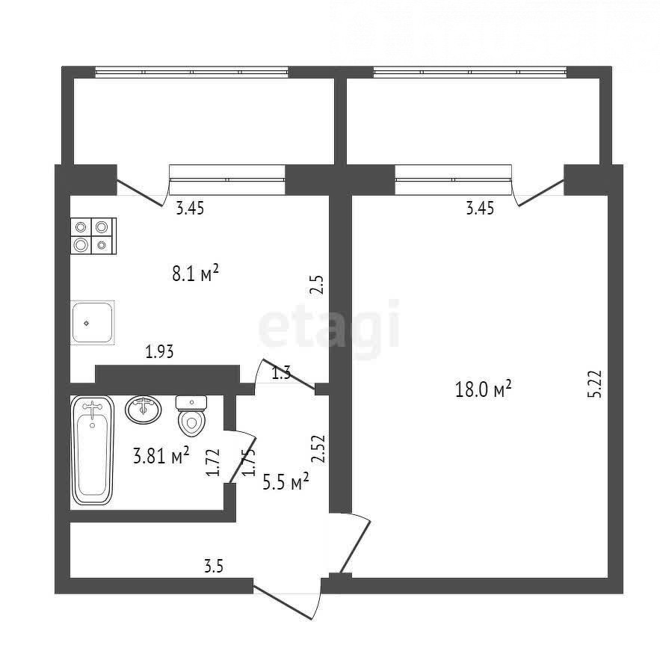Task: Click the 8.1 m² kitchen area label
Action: pos(196,274)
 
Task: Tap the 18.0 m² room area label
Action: pos(483,389)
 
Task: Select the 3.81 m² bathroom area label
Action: pos(161,455)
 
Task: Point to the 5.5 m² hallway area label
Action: pos(286,482)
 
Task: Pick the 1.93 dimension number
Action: pos(159,351)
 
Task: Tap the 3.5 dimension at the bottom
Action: pos(214,567)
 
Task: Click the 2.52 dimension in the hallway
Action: pos(320,448)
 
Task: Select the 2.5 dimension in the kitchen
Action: pos(317,285)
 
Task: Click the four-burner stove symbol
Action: pos(93,235)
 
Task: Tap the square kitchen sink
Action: pos(93,323)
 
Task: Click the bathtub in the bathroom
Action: pos(93,451)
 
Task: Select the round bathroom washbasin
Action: pos(143,409)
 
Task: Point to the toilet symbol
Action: pos(191,416)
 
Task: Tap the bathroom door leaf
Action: pos(243,459)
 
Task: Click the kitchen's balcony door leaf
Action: pos(139,193)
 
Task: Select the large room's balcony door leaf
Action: pos(541,193)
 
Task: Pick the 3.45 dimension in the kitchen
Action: pos(190,209)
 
